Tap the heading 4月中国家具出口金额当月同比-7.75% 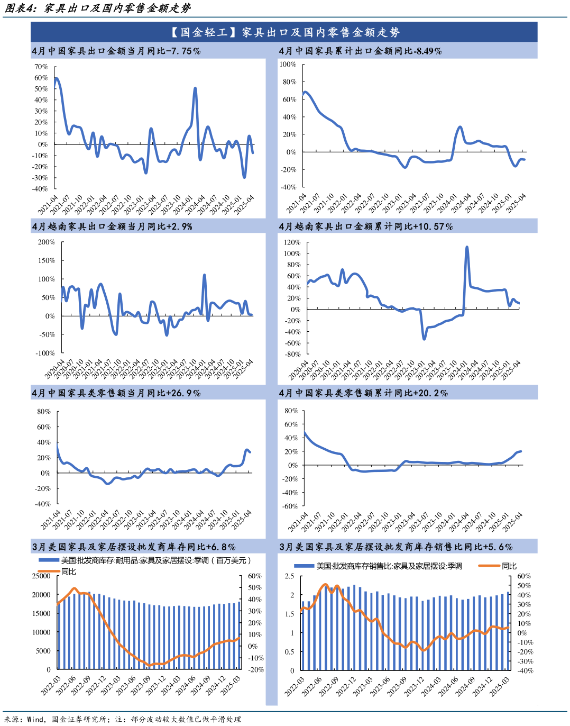tap(116, 51)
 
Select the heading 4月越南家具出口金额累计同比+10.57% tap(365, 226)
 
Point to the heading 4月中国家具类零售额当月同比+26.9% tap(116, 393)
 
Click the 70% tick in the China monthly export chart tap(41, 67)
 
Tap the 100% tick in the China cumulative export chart tap(288, 64)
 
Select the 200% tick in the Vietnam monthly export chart tap(46, 242)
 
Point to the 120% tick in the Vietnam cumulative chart tap(292, 242)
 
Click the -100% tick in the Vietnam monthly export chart tap(45, 353)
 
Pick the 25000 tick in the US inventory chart tap(41, 576)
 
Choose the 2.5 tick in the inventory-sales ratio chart tap(289, 576)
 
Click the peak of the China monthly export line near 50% tap(195, 88)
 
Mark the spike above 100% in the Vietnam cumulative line tap(467, 247)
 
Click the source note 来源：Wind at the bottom tap(24, 719)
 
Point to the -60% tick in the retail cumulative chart tap(290, 506)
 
